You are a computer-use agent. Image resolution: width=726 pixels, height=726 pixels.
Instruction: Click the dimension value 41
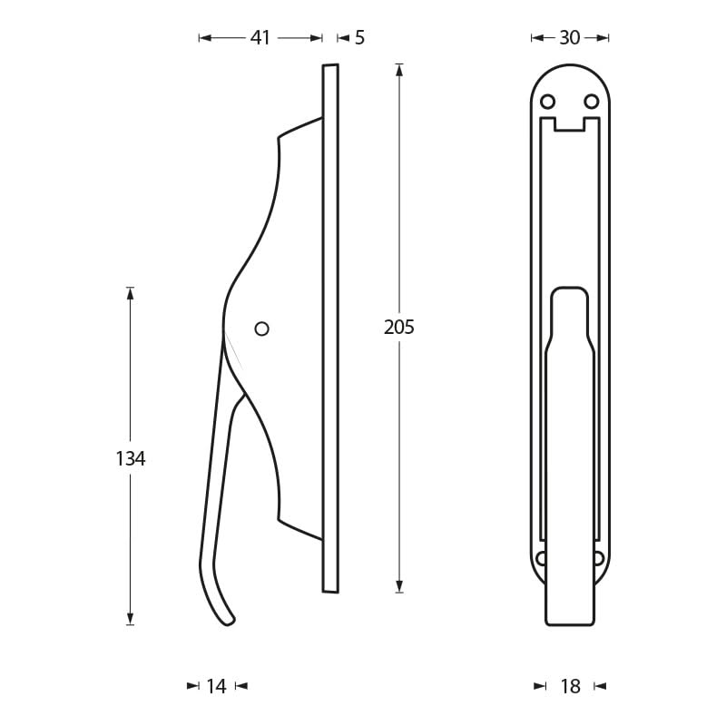tap(260, 38)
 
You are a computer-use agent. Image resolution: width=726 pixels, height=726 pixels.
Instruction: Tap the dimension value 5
tap(359, 38)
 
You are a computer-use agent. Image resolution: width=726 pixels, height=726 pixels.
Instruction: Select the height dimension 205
tap(399, 328)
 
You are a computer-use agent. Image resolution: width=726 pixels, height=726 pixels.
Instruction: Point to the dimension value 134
tap(131, 459)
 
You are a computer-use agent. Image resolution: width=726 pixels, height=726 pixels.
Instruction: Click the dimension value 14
tap(216, 687)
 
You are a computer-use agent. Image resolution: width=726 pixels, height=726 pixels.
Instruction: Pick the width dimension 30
tap(570, 38)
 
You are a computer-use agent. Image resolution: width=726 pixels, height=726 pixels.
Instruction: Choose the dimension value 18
tap(570, 687)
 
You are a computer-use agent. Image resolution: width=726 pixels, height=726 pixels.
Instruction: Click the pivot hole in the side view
tap(261, 329)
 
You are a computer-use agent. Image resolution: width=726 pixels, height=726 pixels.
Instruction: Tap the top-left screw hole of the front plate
tap(548, 102)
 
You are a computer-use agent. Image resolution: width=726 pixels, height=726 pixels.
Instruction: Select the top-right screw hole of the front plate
tap(592, 102)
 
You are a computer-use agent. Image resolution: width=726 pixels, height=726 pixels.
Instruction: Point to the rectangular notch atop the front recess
tap(570, 124)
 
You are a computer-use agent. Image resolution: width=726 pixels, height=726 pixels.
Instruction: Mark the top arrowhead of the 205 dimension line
tap(399, 69)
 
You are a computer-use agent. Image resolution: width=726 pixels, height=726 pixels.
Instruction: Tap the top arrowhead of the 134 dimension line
tap(130, 293)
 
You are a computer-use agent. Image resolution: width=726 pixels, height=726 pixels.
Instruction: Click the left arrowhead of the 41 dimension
tap(204, 38)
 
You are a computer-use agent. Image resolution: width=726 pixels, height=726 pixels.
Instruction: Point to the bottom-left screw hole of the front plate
tap(542, 558)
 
